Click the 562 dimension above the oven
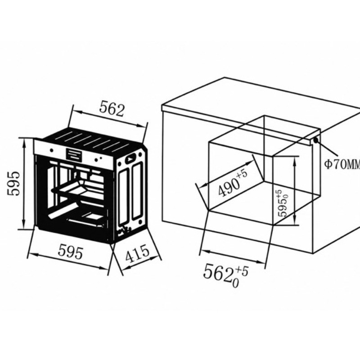click(112, 110)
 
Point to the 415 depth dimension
click(137, 253)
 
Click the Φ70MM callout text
click(342, 164)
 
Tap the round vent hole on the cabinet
click(316, 140)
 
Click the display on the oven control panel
click(73, 154)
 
